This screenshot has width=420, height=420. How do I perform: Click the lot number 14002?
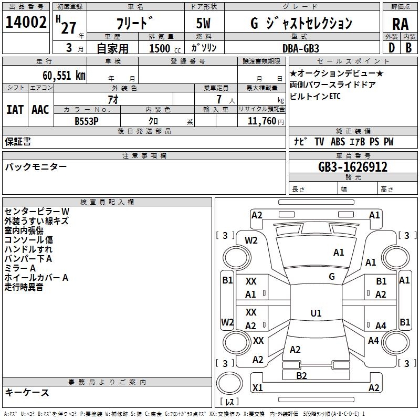click(x=26, y=23)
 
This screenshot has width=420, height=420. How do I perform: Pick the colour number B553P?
click(x=87, y=121)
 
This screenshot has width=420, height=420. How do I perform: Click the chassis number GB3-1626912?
click(x=353, y=167)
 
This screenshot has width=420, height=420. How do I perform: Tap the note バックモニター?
click(x=36, y=167)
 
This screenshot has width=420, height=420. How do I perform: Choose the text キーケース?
click(x=27, y=392)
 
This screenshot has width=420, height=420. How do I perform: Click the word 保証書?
click(x=18, y=142)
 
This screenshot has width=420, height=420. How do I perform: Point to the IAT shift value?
click(x=15, y=110)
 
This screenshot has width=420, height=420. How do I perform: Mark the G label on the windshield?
click(x=332, y=276)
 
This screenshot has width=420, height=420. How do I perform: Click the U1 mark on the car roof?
click(x=316, y=313)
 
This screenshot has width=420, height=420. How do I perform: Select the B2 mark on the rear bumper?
click(x=301, y=375)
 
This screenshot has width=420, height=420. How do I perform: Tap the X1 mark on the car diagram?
click(x=258, y=388)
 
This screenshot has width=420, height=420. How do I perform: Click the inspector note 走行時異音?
click(x=24, y=287)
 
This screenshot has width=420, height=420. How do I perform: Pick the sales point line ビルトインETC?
click(x=315, y=97)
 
